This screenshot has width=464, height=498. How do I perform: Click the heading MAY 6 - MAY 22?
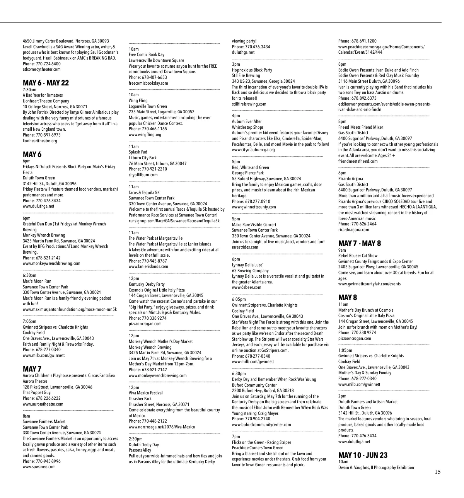(46, 83)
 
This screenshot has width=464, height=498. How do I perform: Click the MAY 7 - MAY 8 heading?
(360, 243)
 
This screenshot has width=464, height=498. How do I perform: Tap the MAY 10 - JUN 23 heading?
(363, 455)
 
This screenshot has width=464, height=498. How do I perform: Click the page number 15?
(437, 471)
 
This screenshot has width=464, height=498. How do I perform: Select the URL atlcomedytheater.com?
(42, 70)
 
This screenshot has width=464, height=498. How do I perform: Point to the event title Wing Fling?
(138, 101)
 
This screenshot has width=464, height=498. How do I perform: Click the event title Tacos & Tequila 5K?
(144, 193)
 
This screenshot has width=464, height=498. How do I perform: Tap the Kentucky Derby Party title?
(147, 284)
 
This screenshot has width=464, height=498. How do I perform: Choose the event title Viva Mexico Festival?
(145, 393)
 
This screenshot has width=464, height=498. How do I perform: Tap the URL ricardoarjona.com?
(353, 230)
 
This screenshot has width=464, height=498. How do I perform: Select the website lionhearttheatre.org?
(40, 141)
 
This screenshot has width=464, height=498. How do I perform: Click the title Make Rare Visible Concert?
(254, 225)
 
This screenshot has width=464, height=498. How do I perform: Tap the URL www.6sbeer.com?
(246, 287)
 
